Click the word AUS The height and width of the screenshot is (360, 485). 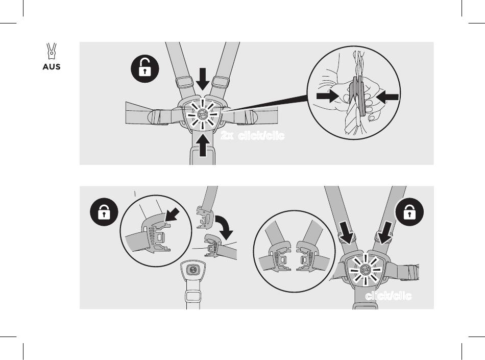click(52, 67)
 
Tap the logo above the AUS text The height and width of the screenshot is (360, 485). click(52, 51)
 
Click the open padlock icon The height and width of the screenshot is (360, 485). click(145, 68)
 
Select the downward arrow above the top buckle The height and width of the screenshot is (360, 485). click(203, 79)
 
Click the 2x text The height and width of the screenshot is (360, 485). click(227, 135)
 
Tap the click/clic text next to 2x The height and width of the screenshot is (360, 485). click(261, 135)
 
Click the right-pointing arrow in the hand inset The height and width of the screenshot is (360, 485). click(328, 96)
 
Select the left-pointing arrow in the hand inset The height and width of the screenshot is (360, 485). click(387, 97)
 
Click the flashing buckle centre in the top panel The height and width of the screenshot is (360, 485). click(203, 114)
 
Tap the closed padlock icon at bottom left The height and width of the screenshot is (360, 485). click(104, 212)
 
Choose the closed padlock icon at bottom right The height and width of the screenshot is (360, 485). click(409, 212)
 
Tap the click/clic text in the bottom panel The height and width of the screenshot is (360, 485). click(389, 296)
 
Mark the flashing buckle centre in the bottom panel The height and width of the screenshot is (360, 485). click(366, 270)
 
